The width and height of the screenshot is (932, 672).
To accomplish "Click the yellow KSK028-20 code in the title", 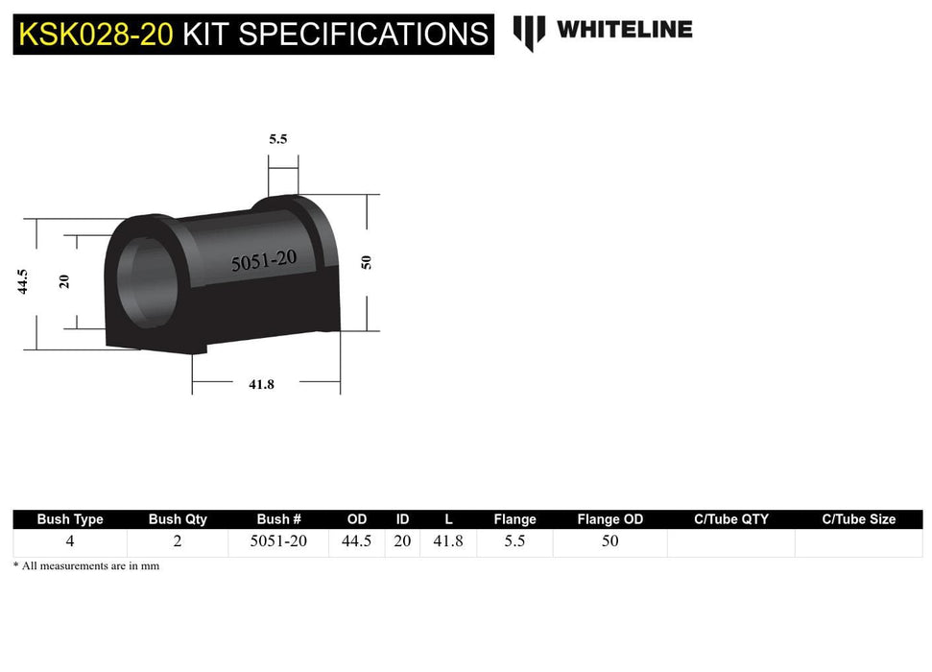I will coord(96,35).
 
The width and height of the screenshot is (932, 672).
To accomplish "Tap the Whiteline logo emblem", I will coord(529,32).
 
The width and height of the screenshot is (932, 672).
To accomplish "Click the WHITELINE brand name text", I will coord(624,30).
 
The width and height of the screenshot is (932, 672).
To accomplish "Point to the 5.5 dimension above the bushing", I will coord(277,139).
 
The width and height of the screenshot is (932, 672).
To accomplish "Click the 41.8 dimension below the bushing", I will coord(261,384).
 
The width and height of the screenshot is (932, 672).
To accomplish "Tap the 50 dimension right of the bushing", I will coord(366,262).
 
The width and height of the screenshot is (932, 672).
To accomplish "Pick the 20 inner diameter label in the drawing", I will coord(64,280).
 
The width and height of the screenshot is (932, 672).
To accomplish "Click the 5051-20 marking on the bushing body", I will coord(263,260).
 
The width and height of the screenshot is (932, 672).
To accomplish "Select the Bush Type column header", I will coord(70,519).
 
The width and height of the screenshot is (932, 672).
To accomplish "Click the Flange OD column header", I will coord(609,519).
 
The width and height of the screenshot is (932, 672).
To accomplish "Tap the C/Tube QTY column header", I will coord(730,519).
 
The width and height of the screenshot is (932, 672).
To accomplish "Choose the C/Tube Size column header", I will coord(858,519).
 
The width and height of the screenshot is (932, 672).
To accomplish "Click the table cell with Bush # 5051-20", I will coord(278,541).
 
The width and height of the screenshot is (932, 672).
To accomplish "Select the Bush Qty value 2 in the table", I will coord(178,541).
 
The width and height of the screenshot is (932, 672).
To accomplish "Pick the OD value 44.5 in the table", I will coord(356,541).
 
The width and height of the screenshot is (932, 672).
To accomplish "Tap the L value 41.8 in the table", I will coord(448,541).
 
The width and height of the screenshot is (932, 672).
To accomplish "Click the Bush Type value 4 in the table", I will coord(70,541).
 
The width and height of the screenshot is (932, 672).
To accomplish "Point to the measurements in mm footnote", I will coord(86,566).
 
